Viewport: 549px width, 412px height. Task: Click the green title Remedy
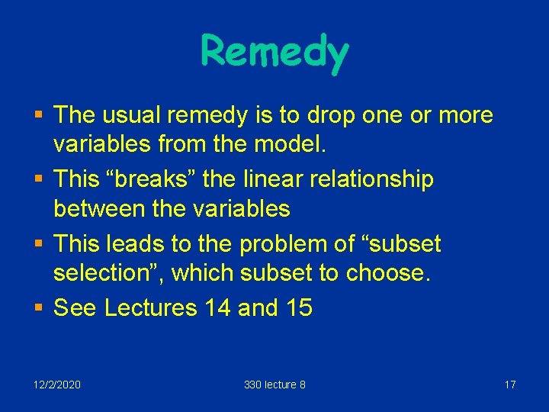pos(274,51)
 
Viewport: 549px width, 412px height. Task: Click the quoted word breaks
pos(165,180)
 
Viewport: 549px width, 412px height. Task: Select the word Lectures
pos(150,308)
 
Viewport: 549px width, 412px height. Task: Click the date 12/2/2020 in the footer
pos(57,385)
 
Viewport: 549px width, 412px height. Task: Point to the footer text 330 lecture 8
pos(274,385)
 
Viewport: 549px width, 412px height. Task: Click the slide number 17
pos(510,385)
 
